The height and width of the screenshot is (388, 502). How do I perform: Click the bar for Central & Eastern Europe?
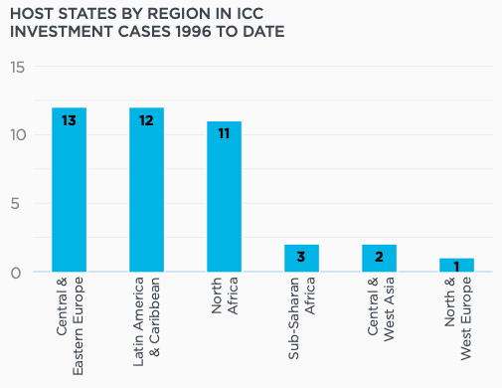69,189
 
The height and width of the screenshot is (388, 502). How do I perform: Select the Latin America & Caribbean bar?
146,189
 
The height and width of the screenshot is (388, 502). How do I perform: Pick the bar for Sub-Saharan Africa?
301,259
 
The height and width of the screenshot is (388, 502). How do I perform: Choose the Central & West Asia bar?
379,259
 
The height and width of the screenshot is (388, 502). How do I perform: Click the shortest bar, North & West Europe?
456,266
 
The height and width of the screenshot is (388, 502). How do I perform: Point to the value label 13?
69,120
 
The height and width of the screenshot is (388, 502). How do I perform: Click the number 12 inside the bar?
146,120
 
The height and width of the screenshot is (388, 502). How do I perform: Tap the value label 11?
224,134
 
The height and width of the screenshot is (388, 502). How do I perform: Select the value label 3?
301,259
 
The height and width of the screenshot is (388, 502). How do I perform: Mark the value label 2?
379,259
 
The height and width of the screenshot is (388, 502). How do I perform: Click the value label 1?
456,267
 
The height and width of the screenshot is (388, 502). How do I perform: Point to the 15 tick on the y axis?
17,67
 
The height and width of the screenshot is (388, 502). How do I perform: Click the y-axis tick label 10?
17,135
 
